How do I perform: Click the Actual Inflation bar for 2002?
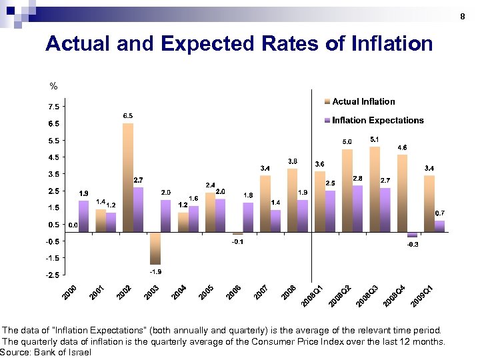(128, 177)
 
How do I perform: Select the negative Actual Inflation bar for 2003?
(155, 248)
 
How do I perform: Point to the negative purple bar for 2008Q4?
(413, 235)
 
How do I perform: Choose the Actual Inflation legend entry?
(363, 102)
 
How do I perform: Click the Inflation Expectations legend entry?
(377, 121)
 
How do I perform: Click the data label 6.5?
(127, 116)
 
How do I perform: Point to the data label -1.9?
(155, 272)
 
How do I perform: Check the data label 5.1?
(375, 139)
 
